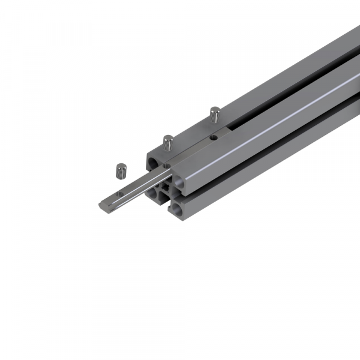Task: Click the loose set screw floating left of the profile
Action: click(119, 171)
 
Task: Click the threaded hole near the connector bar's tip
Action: click(119, 193)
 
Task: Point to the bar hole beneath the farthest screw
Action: click(212, 137)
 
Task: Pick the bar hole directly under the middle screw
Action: click(166, 165)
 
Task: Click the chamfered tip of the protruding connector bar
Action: click(101, 205)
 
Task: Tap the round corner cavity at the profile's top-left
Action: click(152, 162)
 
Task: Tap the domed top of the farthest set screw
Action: click(215, 109)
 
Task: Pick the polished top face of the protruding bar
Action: click(138, 186)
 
